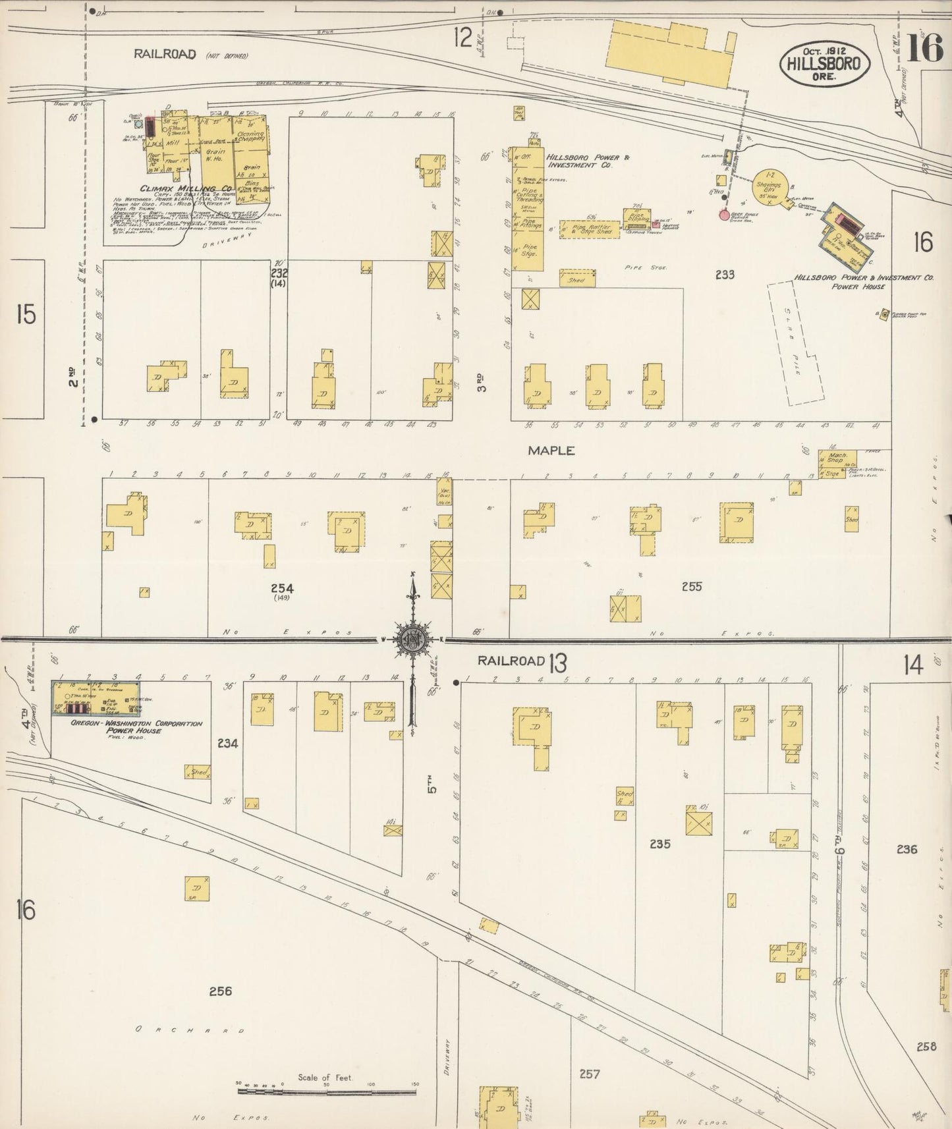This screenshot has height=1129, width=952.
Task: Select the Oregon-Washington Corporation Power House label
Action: click(137, 727)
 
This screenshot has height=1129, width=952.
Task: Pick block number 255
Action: click(692, 586)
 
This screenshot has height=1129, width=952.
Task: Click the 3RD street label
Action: click(482, 383)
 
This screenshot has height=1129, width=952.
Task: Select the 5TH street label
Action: click(433, 785)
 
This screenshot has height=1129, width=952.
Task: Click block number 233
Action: click(724, 275)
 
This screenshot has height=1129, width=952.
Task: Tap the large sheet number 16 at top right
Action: click(925, 48)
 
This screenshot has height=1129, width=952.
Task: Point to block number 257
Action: click(589, 1074)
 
